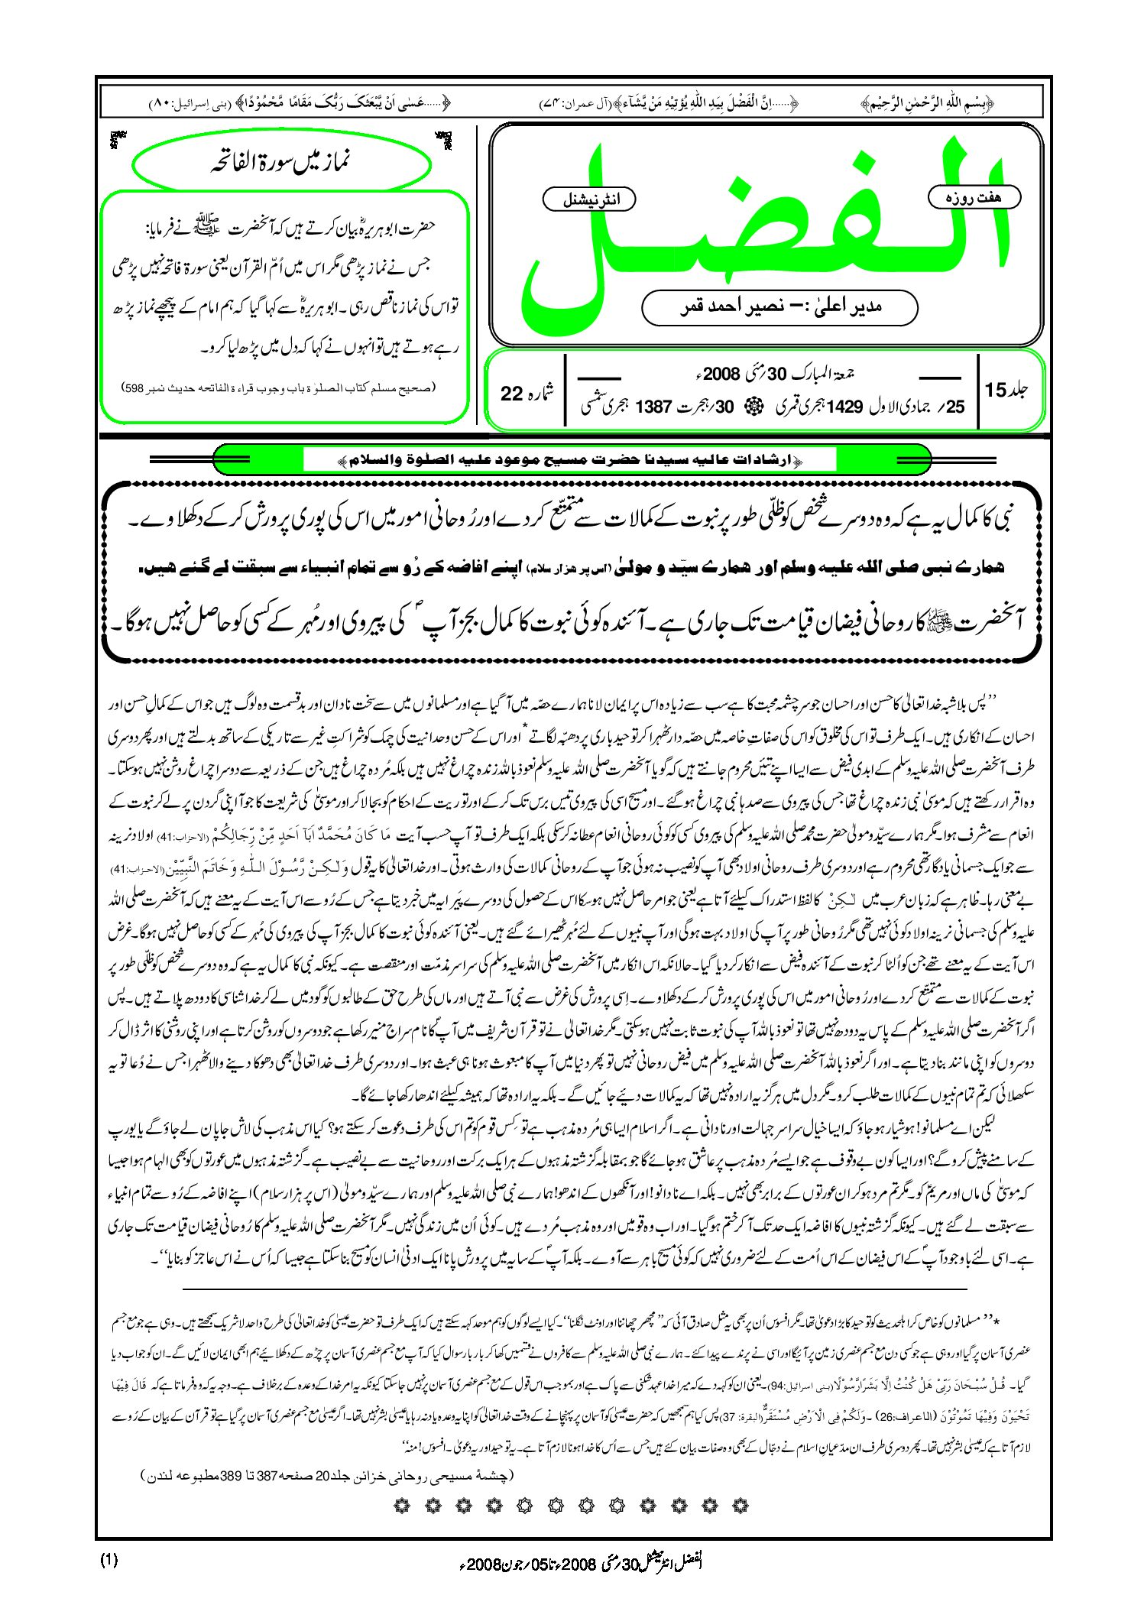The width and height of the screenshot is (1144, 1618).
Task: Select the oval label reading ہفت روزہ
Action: coord(974,197)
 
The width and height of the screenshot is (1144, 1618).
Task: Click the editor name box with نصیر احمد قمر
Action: coord(779,307)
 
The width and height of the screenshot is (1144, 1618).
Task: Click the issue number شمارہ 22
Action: coord(527,393)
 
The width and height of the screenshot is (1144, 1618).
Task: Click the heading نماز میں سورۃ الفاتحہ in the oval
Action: coord(280,162)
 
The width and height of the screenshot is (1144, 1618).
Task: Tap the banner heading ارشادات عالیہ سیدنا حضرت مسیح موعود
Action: coord(571,461)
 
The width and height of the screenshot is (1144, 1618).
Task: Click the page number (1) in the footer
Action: coord(109,1560)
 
